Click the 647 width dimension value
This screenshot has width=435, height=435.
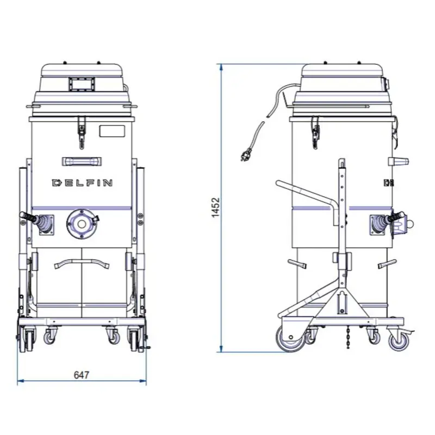(82, 375)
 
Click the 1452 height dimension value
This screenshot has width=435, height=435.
(215, 208)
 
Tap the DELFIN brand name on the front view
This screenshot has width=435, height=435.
(82, 183)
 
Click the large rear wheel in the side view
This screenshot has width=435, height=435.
(290, 338)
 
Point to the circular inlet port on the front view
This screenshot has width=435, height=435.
(81, 223)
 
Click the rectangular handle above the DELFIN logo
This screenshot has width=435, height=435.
(82, 161)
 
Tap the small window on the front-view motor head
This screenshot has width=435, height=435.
(82, 84)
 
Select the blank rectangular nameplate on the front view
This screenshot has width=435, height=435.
(112, 131)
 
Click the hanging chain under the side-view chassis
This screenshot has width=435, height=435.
(348, 337)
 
